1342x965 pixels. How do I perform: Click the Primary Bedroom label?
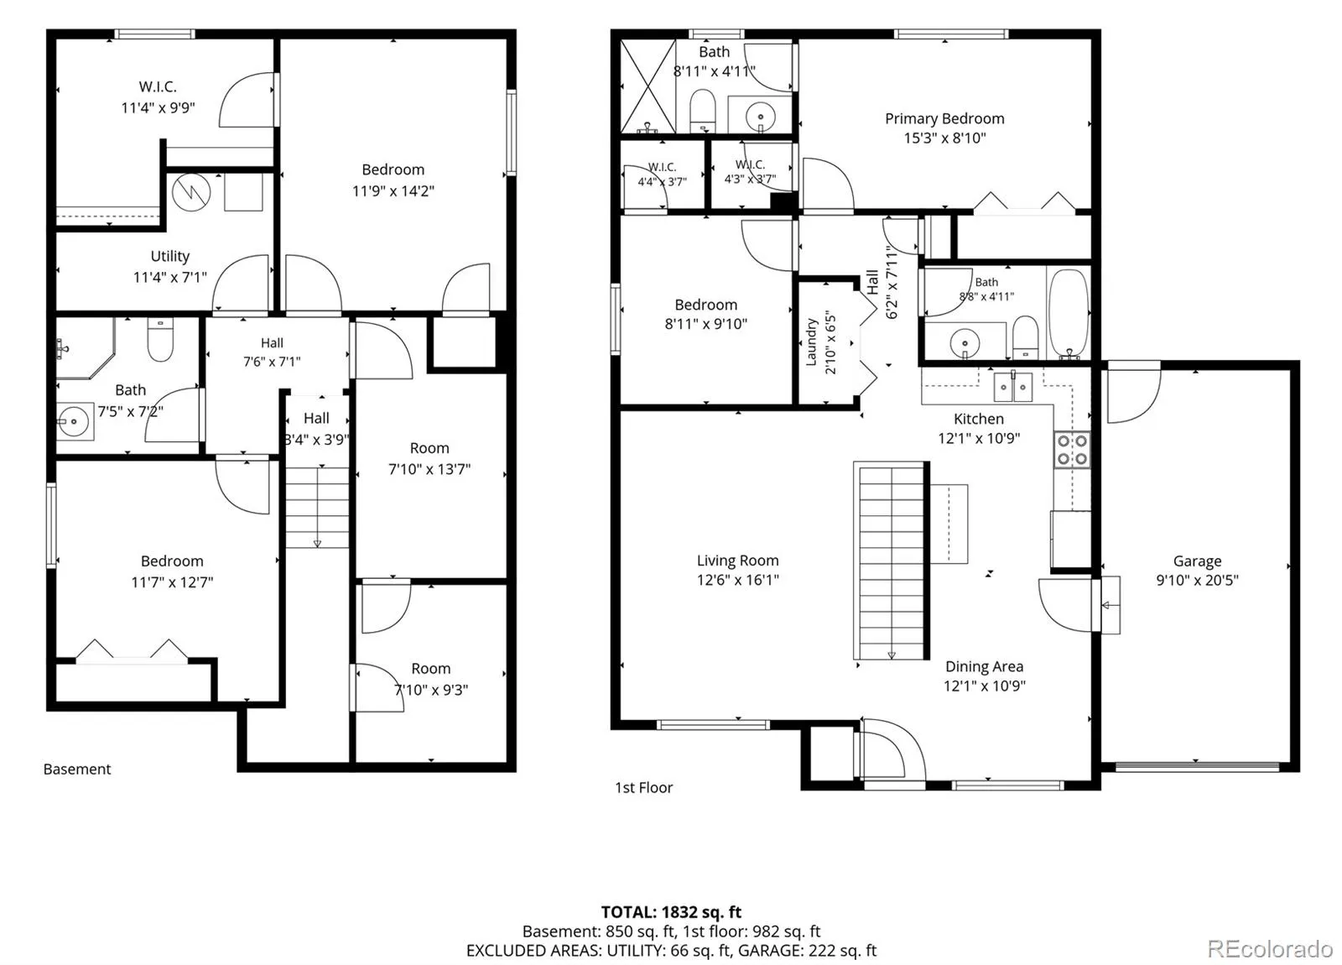(x=944, y=118)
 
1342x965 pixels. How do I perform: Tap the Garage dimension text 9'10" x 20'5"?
(x=1197, y=580)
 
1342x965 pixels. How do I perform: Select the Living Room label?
(x=737, y=561)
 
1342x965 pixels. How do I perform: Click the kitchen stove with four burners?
(x=1072, y=450)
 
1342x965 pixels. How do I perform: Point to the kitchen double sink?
(x=1013, y=387)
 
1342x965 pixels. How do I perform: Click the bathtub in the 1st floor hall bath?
(x=1069, y=314)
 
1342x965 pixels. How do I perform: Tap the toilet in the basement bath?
(x=160, y=339)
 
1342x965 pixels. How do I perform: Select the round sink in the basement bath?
(x=75, y=421)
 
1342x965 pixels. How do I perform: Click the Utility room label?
(x=170, y=256)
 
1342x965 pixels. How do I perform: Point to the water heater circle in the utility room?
(x=191, y=192)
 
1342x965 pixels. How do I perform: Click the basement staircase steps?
(x=317, y=507)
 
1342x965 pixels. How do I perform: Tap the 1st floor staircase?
(x=892, y=561)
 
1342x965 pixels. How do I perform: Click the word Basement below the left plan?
(x=77, y=769)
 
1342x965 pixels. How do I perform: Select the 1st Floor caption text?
(x=643, y=788)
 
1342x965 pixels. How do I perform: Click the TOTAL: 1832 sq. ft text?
(x=671, y=911)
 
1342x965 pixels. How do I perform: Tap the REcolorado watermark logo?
(x=1270, y=948)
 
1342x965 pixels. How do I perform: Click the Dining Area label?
(x=985, y=666)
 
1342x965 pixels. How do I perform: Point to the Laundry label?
(x=812, y=342)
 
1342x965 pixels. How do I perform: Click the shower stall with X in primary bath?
(x=648, y=86)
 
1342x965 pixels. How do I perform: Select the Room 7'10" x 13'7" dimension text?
(x=429, y=469)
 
